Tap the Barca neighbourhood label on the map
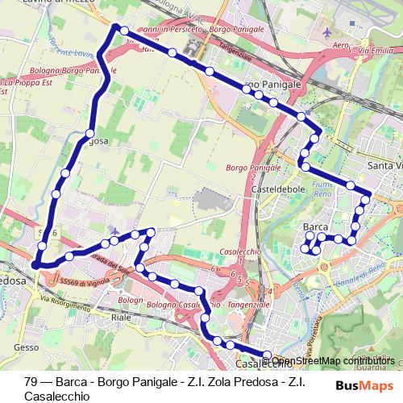click(315, 227)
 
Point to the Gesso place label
click(25, 348)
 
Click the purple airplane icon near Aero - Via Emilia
click(326, 34)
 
